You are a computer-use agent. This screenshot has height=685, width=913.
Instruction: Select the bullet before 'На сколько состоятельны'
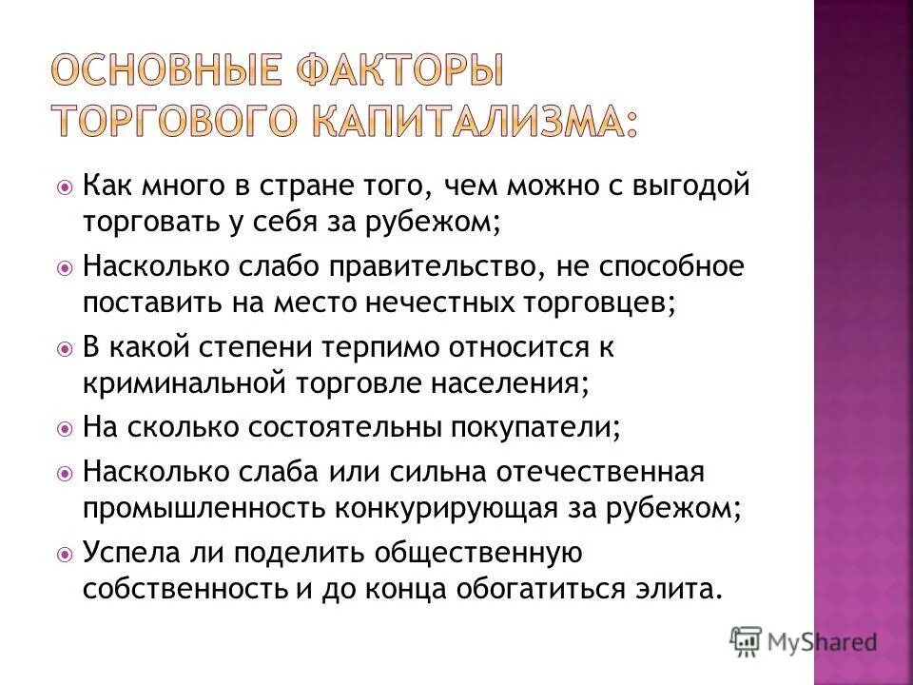pyautogui.click(x=65, y=429)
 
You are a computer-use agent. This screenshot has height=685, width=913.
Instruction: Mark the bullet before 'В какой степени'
pyautogui.click(x=65, y=349)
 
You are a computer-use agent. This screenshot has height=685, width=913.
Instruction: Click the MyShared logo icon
pyautogui.click(x=748, y=640)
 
